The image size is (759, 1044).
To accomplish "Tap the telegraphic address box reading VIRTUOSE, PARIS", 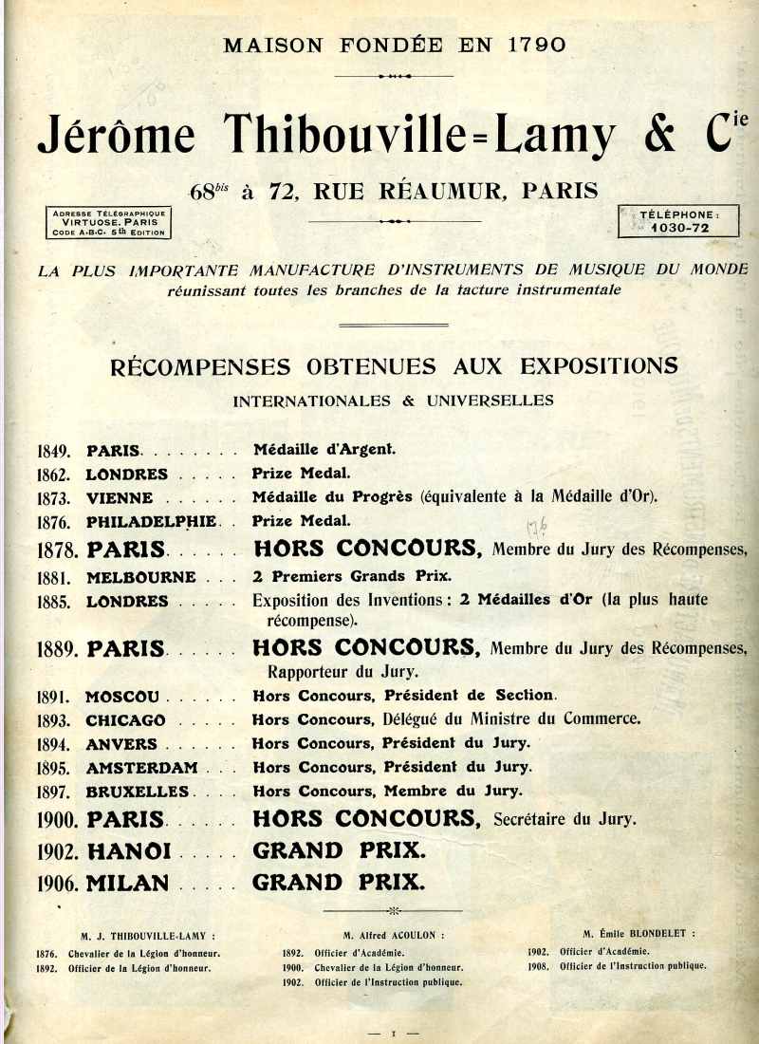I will [109, 223].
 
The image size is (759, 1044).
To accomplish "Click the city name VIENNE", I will [120, 497].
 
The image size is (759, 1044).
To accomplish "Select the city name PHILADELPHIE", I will [151, 521].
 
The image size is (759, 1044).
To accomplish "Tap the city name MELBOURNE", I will [140, 577].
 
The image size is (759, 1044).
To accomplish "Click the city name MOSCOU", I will [122, 696].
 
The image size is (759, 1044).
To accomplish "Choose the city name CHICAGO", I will [125, 720].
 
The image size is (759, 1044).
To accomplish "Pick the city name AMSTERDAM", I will [141, 767].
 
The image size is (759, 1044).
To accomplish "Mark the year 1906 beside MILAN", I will [58, 883].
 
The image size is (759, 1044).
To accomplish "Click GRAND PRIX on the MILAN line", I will [337, 882].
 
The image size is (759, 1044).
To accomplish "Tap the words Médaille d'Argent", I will [324, 450].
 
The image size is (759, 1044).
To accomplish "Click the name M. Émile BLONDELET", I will [639, 934].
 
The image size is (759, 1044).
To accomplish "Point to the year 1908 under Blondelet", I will [539, 966].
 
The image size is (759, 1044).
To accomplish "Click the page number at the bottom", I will [393, 1030].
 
